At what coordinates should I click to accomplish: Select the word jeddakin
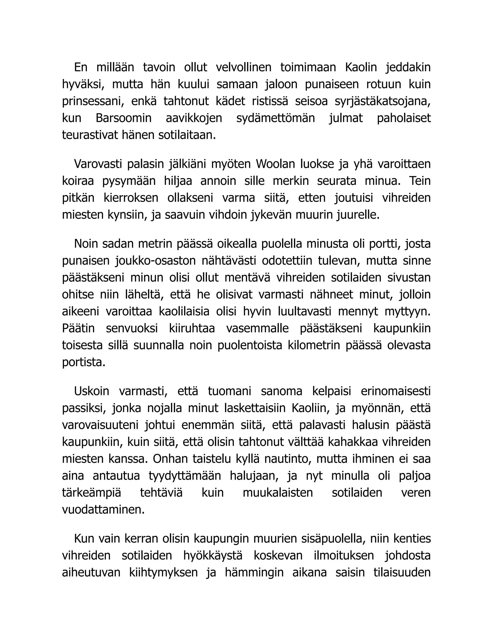point(408,67)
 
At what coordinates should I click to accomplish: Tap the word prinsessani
point(92,101)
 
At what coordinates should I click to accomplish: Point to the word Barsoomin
point(123,118)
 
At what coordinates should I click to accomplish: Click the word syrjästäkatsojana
point(382,101)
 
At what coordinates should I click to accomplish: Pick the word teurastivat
point(90,135)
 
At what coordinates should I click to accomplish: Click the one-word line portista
point(84,362)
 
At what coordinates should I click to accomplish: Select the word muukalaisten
point(278,493)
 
